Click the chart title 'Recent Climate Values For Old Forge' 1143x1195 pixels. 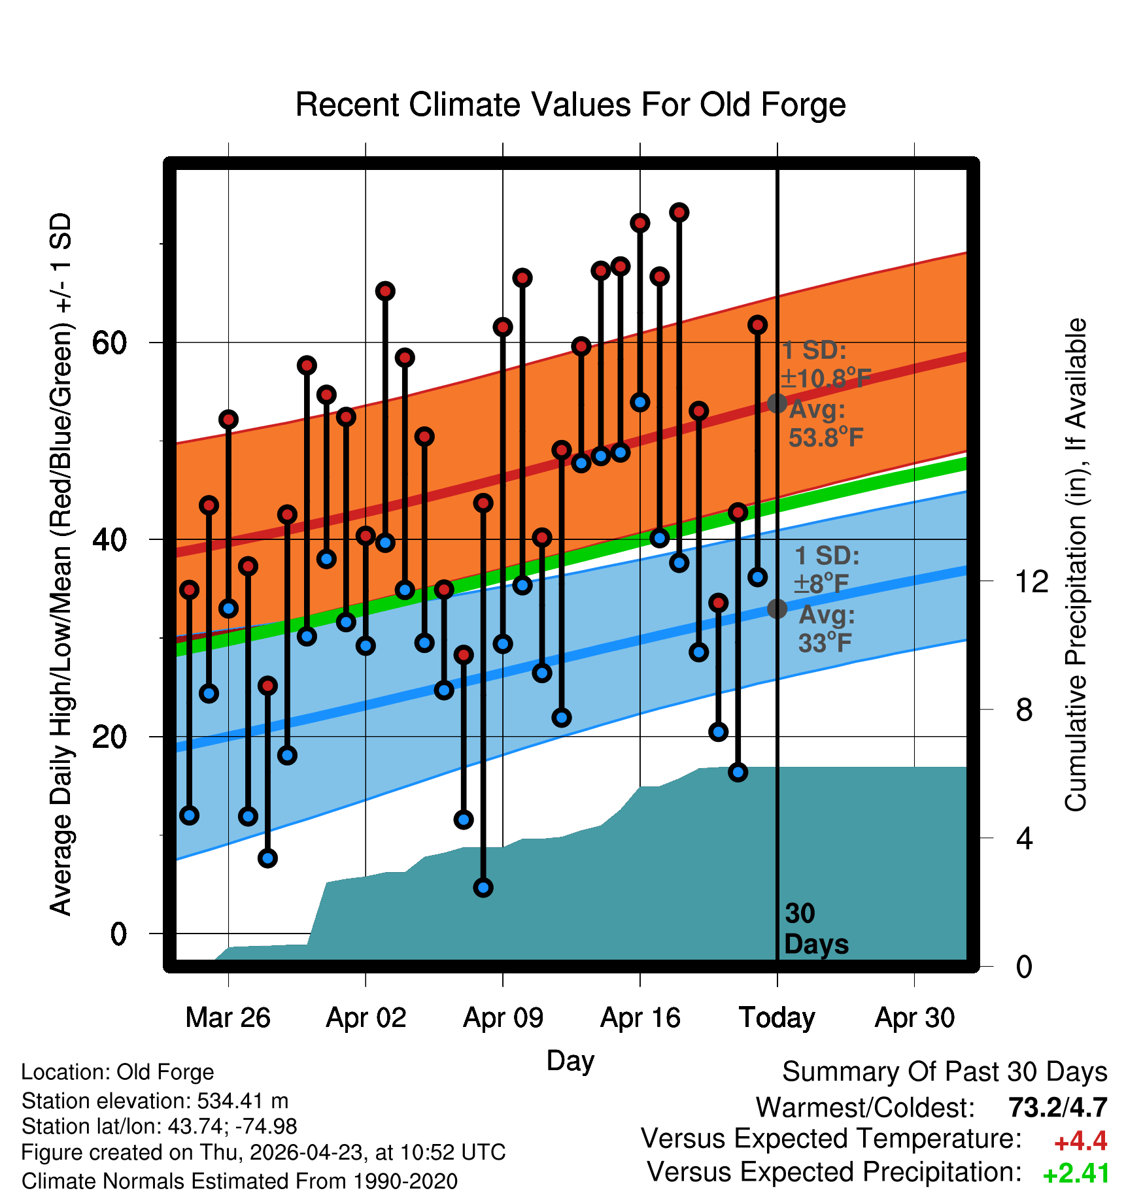[x=571, y=105]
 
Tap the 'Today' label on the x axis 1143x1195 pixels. [x=777, y=1018]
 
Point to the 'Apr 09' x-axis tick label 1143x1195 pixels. [x=503, y=1018]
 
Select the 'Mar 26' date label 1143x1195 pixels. [x=228, y=1018]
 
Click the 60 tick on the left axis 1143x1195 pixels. [x=110, y=343]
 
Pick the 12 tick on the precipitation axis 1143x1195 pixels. [x=1032, y=581]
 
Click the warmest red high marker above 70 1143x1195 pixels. [x=679, y=212]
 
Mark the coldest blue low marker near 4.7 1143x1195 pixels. [x=483, y=888]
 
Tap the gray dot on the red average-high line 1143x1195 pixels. [x=777, y=403]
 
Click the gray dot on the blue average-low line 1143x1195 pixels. [x=777, y=609]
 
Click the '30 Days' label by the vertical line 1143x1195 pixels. [x=816, y=929]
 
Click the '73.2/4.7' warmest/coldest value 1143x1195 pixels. [x=1058, y=1107]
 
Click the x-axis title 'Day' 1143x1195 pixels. [x=571, y=1061]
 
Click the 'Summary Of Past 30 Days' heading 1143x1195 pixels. [x=945, y=1072]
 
